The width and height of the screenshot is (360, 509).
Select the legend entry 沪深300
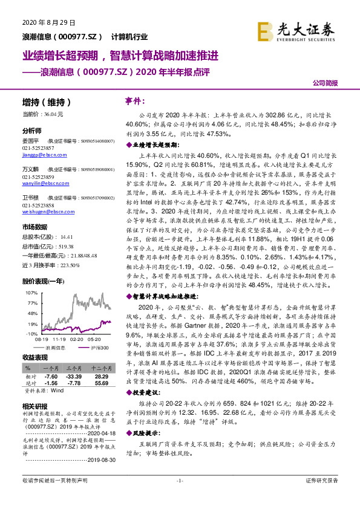pos(100,348)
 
